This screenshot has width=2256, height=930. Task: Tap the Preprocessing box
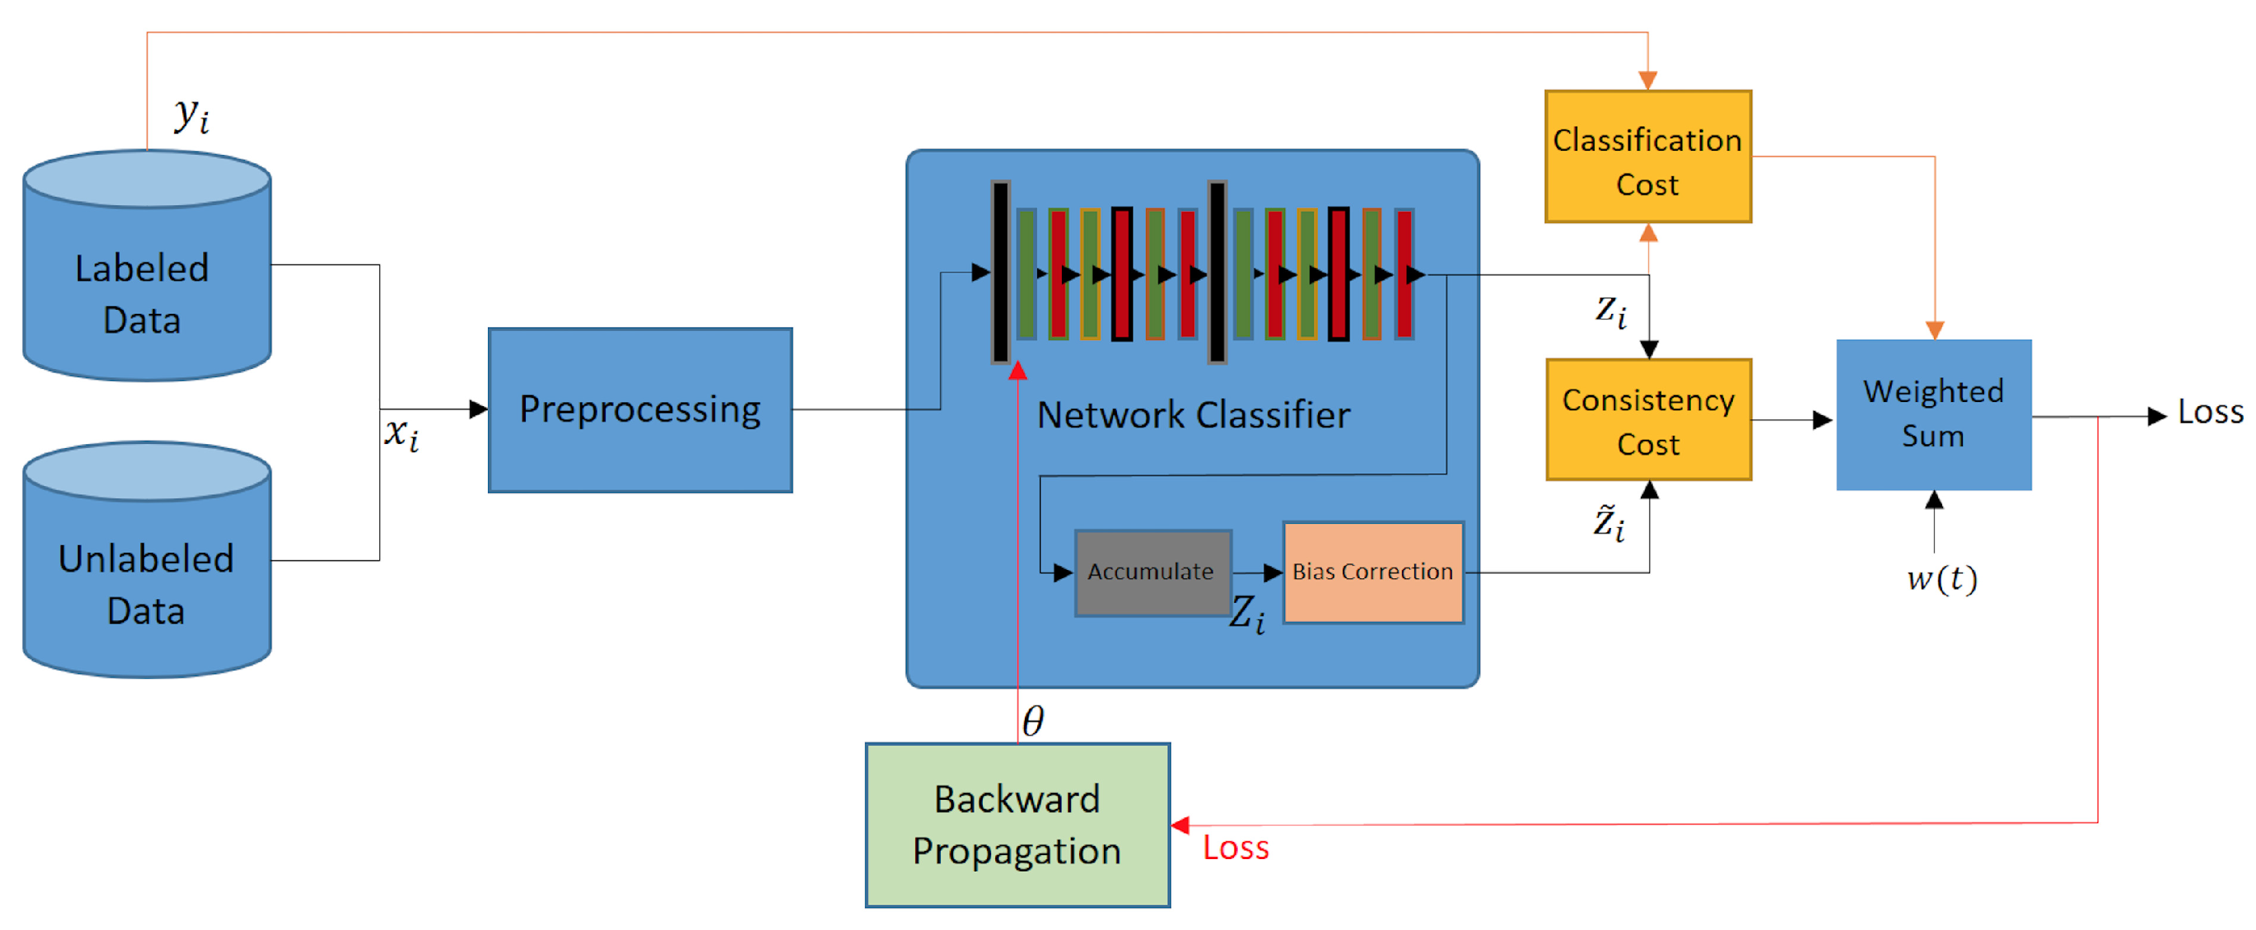[640, 410]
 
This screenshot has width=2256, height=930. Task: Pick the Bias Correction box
[1372, 573]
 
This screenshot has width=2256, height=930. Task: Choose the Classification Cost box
[1648, 158]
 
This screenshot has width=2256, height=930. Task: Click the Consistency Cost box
[1648, 421]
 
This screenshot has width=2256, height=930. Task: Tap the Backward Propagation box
[1017, 825]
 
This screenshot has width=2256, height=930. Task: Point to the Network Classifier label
[1193, 415]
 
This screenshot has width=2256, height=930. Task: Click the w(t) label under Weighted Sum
[1941, 579]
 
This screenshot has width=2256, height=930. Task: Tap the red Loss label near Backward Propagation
[1235, 847]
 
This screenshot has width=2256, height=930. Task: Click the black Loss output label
[2210, 412]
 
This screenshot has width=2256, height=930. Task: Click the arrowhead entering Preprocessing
[478, 409]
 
